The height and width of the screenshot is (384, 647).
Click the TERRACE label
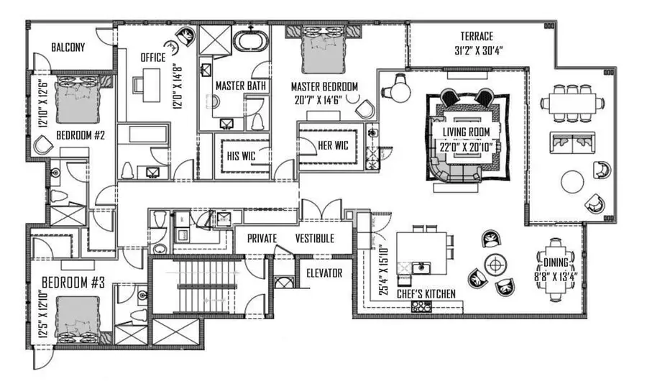[477, 36]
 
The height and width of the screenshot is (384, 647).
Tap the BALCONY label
[68, 48]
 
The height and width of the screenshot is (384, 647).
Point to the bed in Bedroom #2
[77, 101]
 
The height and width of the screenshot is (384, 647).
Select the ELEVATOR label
[324, 273]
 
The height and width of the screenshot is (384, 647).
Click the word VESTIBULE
[314, 239]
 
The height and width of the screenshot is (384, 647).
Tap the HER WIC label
[333, 145]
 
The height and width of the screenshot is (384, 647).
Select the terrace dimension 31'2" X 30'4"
[477, 51]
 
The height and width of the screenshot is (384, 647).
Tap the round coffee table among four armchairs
[493, 262]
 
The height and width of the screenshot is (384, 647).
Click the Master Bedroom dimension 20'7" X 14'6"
[324, 101]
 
